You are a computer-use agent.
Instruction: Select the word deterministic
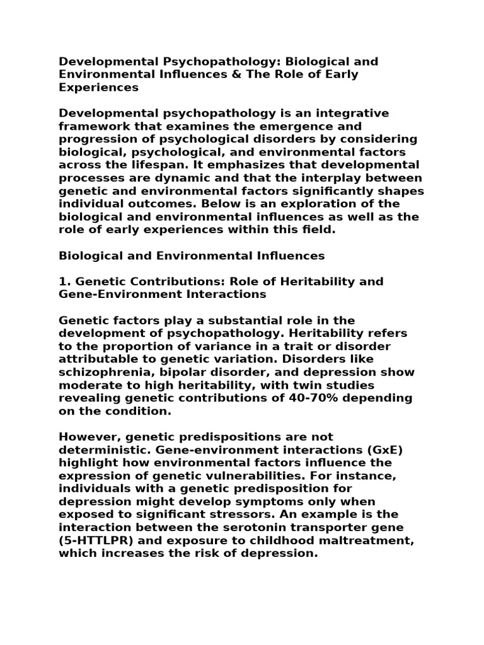pyautogui.click(x=101, y=450)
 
